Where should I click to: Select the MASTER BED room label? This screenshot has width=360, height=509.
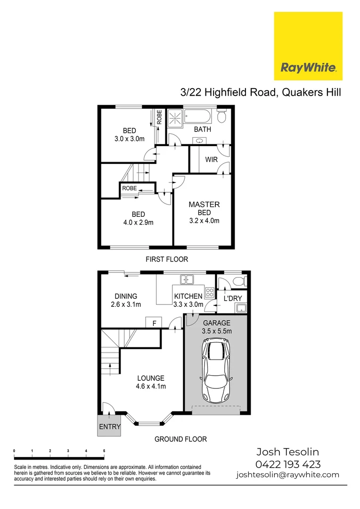204,208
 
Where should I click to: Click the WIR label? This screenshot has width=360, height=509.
212,160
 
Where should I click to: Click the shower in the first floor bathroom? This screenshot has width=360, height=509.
174,117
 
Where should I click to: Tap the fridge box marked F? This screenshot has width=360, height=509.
154,323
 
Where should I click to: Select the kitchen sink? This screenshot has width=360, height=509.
187,279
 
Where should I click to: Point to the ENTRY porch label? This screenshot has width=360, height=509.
110,427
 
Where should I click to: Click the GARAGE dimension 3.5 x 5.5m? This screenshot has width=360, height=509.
217,331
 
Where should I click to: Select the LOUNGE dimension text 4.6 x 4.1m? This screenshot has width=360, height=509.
151,386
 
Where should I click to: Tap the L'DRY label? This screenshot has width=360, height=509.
232,298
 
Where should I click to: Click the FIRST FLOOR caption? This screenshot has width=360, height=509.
167,259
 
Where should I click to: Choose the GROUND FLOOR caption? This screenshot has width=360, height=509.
180,439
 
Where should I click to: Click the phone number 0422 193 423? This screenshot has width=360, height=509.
288,464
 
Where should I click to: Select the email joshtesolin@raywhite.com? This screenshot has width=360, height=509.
288,475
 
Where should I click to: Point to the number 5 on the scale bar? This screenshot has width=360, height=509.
104,451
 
